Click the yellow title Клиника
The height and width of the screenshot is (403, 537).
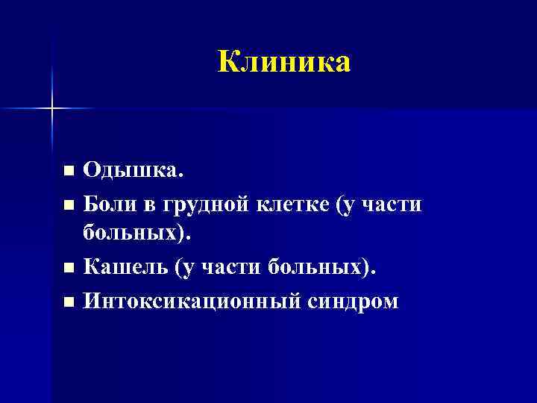284,62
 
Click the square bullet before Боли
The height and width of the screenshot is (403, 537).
69,204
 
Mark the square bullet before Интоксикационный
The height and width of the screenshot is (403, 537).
69,302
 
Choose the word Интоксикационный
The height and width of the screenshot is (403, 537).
187,301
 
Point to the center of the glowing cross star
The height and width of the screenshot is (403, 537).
53,109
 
